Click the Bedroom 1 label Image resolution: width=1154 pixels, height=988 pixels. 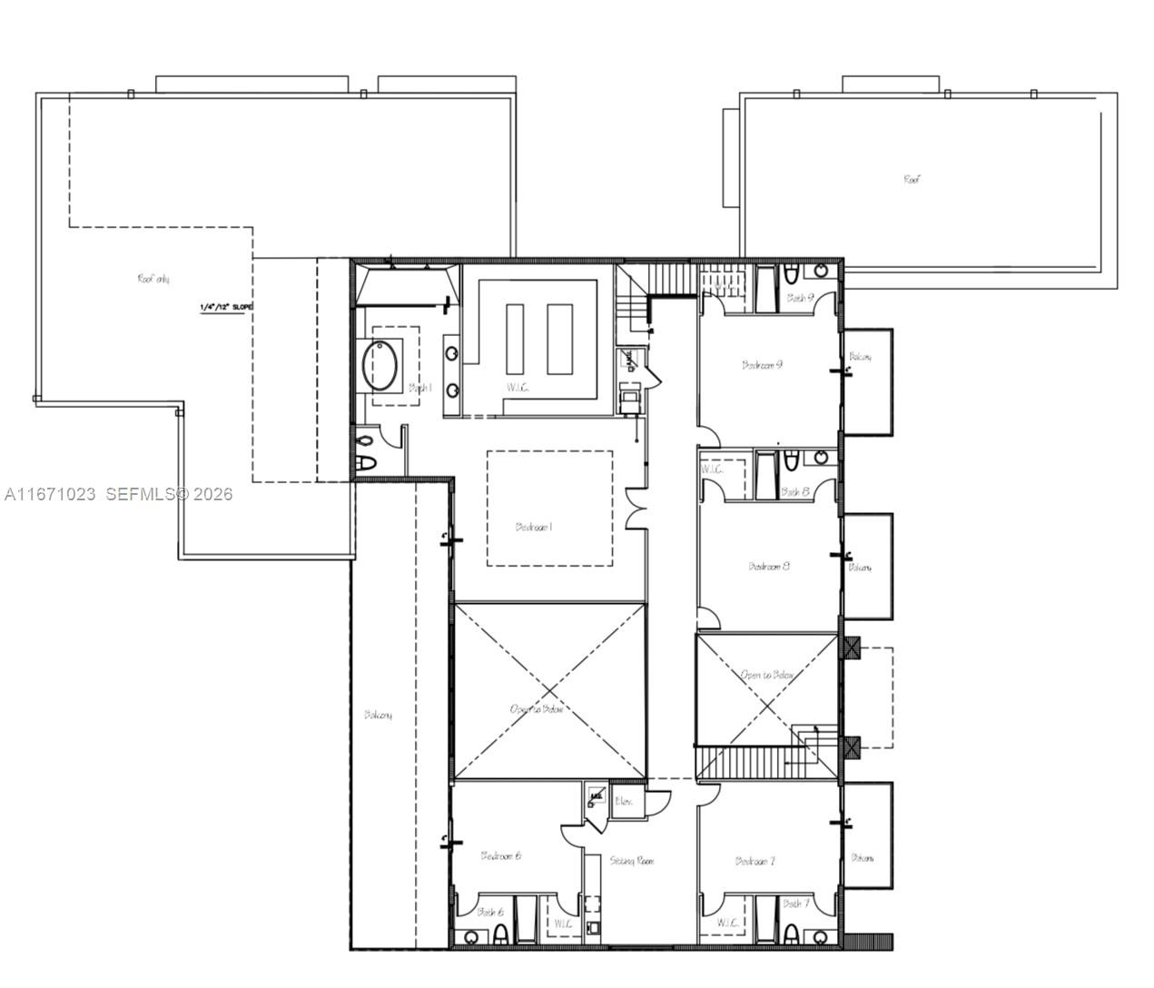tap(534, 527)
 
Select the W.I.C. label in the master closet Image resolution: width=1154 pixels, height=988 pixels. tap(518, 388)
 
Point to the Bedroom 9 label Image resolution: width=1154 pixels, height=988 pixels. tap(762, 365)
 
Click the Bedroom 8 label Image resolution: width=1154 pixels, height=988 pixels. tap(768, 566)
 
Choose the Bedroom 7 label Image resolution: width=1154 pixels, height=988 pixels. tap(755, 861)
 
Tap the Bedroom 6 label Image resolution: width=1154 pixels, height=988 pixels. tap(500, 855)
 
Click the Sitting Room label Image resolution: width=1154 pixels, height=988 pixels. tap(632, 860)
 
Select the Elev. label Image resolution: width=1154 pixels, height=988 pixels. tap(624, 801)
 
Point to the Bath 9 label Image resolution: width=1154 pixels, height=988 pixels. tap(800, 297)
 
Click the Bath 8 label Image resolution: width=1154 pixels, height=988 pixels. tap(794, 491)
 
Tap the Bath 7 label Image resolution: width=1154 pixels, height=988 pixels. tap(795, 904)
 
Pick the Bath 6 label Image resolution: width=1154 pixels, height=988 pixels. tap(490, 912)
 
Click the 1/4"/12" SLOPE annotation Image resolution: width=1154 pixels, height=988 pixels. tap(227, 308)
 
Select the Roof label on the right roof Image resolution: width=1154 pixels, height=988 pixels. tap(912, 180)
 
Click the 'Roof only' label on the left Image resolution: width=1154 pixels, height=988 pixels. tap(153, 279)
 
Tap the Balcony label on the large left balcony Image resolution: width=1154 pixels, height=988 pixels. tap(378, 715)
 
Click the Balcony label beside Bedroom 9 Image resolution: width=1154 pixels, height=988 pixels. tap(860, 357)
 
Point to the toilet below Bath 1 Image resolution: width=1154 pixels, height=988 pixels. tap(365, 451)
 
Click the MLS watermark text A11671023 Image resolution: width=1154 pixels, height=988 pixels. tap(50, 495)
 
